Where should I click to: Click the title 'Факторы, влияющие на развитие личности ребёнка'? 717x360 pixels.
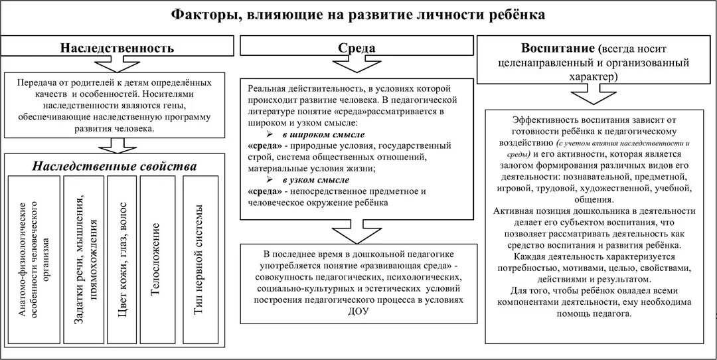[358, 15]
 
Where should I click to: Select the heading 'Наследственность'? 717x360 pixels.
[118, 48]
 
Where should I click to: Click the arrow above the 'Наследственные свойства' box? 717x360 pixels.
[116, 144]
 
